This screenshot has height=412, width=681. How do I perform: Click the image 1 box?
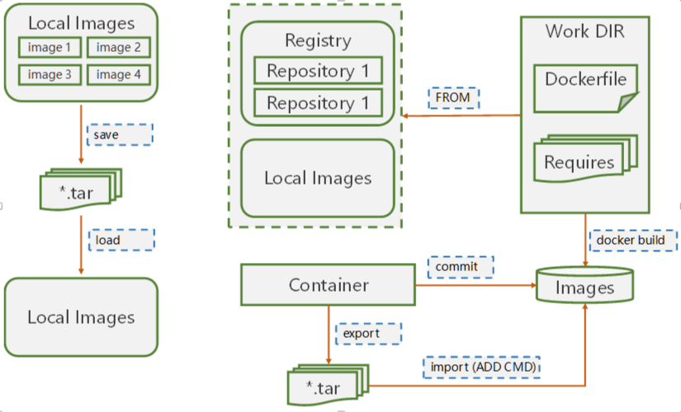click(50, 48)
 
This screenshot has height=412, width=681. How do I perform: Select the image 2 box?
click(119, 48)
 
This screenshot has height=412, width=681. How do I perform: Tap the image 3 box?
click(50, 75)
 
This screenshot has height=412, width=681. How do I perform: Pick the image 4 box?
click(119, 75)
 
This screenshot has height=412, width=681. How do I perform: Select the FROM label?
click(453, 98)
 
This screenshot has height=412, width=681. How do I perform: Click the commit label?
click(461, 267)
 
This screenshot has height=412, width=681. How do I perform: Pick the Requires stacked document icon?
click(579, 160)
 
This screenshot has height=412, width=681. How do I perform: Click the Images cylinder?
click(584, 286)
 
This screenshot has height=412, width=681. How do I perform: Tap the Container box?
click(328, 285)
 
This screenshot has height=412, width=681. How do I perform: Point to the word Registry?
click(318, 40)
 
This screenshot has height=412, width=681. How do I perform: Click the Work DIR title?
click(584, 32)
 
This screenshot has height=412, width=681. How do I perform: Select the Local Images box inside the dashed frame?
click(318, 178)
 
